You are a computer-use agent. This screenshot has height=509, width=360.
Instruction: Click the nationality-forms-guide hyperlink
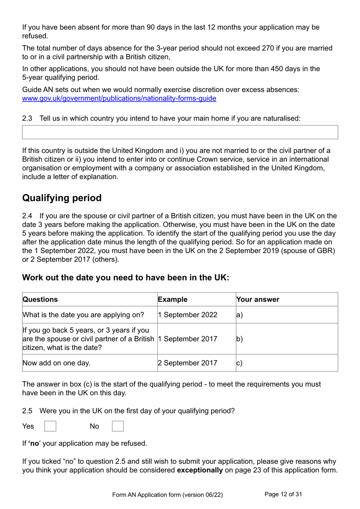click(119, 99)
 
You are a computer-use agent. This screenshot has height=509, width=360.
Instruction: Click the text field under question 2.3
click(180, 132)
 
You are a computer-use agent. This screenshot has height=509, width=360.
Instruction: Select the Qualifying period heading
click(62, 198)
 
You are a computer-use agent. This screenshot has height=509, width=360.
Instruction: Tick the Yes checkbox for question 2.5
click(50, 426)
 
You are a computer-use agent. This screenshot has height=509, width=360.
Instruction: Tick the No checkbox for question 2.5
click(118, 426)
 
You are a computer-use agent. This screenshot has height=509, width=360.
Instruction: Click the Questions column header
click(40, 299)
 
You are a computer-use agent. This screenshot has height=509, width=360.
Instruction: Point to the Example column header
click(173, 299)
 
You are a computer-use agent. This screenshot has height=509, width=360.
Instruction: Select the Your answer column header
click(258, 299)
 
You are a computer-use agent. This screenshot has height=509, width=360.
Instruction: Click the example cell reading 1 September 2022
click(188, 315)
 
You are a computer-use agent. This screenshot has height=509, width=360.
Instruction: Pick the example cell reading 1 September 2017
click(188, 339)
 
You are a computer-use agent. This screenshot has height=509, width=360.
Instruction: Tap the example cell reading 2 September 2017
click(188, 363)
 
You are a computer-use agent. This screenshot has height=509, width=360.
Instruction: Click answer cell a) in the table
click(286, 315)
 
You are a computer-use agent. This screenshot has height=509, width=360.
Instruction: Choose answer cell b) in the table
click(286, 339)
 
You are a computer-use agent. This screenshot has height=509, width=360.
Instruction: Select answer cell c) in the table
click(286, 363)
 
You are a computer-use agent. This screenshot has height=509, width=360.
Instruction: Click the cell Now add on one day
click(56, 363)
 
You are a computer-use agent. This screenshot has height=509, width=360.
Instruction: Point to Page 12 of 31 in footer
click(283, 494)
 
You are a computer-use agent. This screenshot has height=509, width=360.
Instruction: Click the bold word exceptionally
click(200, 470)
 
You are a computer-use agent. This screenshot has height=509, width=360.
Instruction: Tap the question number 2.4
click(27, 216)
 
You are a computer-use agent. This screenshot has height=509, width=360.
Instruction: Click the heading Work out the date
click(125, 278)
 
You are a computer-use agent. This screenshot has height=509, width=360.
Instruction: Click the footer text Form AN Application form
click(167, 495)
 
